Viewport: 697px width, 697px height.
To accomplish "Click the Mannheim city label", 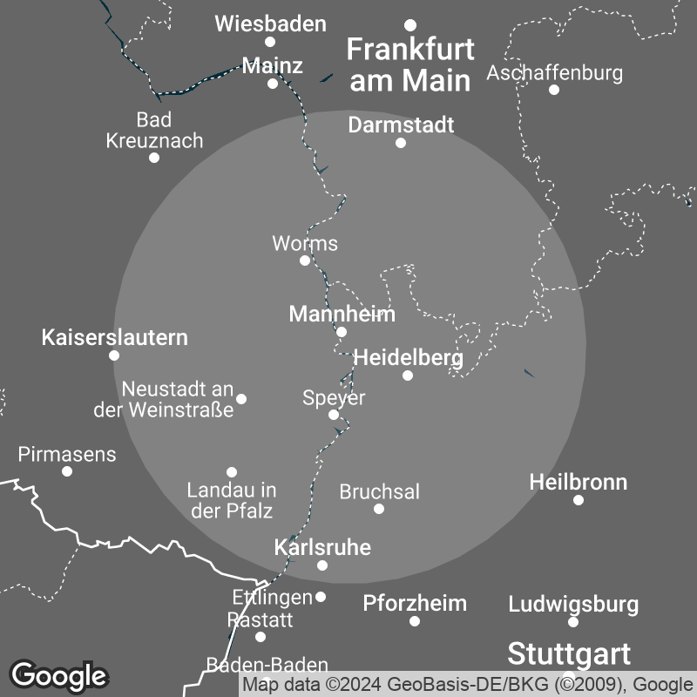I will point(342,314).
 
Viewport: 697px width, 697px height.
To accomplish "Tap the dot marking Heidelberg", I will point(407,376).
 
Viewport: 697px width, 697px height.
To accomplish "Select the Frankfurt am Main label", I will point(409,64).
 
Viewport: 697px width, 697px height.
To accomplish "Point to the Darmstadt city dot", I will point(401,143).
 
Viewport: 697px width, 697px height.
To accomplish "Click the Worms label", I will point(305,243).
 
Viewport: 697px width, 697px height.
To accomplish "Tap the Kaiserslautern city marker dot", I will point(114,355).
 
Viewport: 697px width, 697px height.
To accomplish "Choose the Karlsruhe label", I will point(322,547).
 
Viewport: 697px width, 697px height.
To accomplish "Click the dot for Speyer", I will point(334,415).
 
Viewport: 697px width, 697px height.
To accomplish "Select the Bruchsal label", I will point(379,491).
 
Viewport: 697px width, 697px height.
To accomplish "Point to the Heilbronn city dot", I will point(579,500).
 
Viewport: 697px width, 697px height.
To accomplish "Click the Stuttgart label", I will point(569,653).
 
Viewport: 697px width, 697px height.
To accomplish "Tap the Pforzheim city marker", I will point(415,621).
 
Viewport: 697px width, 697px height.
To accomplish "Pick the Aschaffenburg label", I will point(554,72).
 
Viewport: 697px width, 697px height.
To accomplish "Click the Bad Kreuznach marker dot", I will point(154,158).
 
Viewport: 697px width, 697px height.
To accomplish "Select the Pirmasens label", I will point(67,454).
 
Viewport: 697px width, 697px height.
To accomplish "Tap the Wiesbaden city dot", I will point(270,42).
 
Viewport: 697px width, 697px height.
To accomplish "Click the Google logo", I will point(58,675).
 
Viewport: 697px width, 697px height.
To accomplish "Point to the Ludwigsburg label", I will point(573,604).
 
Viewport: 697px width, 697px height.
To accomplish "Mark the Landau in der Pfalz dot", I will point(232,472).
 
